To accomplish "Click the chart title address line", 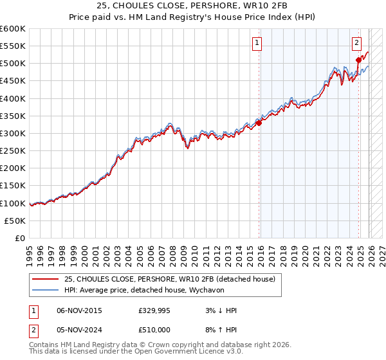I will click(x=193, y=6).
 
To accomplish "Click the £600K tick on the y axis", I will click(x=13, y=29).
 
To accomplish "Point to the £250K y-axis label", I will click(x=13, y=150).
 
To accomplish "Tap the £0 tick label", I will click(x=21, y=238).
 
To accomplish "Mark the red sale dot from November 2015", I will click(x=259, y=123).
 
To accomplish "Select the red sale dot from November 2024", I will click(x=358, y=60).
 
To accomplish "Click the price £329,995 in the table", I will click(x=154, y=310).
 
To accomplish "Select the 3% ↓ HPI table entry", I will click(x=221, y=310).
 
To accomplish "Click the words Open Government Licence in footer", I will click(x=172, y=352).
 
